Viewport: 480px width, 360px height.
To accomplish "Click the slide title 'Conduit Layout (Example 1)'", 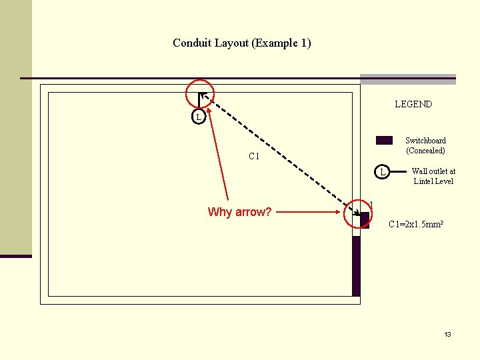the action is tap(241, 43).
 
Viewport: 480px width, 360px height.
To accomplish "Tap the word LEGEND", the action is tap(413, 104).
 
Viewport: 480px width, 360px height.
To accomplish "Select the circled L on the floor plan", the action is tap(198, 117).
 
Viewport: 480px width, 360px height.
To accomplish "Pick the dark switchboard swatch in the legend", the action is tap(384, 140).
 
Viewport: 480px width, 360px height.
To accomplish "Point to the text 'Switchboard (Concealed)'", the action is tap(425, 145).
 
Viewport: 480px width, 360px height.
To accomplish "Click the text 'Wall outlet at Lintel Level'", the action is tap(433, 176).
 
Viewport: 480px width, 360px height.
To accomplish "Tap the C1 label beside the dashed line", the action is tap(253, 157).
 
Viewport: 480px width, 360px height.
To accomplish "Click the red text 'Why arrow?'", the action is tap(239, 212).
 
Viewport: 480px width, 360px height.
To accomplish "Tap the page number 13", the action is tap(448, 334).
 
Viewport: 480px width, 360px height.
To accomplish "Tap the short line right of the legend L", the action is tap(398, 172).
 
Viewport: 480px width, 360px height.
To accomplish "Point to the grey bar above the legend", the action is tap(408, 79).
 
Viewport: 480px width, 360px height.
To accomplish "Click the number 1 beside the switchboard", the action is tap(371, 205).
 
